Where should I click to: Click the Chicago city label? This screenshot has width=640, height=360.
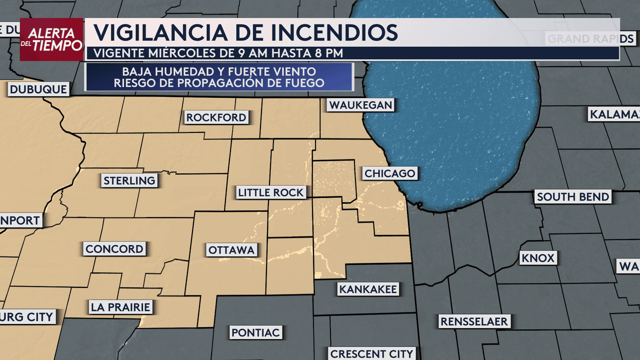pos(390,173)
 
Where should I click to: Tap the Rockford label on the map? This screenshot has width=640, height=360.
pos(216,117)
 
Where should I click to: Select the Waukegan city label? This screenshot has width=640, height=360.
pos(360,105)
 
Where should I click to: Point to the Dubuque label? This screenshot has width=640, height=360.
pos(38,89)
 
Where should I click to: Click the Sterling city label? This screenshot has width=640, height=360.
pos(129,180)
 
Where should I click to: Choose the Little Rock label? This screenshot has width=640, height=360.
pos(270,192)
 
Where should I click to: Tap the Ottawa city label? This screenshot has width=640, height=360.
pos(232,249)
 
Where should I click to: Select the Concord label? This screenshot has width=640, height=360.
pos(114,249)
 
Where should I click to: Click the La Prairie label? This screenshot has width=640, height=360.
pos(120,306)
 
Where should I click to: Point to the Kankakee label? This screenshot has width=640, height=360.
pos(368,289)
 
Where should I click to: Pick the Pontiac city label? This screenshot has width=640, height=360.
pos(256,332)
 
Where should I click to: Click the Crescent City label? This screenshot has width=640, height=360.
pos(371,353)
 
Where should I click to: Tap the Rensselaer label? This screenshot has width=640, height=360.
pos(473,321)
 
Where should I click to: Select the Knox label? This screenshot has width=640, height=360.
pos(537,258)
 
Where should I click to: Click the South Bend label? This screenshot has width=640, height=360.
pos(573,197)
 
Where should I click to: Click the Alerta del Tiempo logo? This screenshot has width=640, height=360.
pos(52,39)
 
